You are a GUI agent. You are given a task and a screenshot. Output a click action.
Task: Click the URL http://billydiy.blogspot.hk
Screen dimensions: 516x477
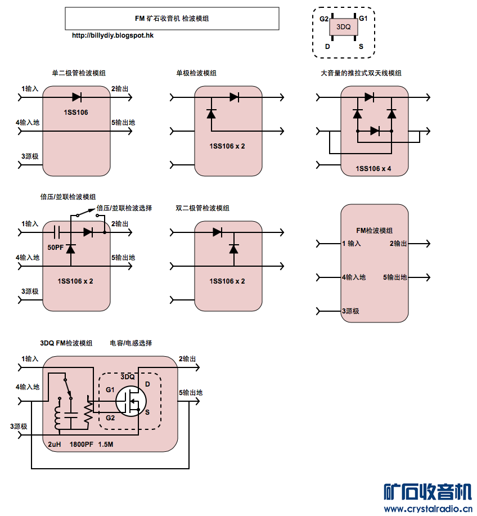coord(113,35)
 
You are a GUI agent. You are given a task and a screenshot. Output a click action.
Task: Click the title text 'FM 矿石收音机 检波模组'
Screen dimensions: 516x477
coord(172,19)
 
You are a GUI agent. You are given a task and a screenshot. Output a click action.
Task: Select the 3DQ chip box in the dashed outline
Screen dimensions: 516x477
coord(343,27)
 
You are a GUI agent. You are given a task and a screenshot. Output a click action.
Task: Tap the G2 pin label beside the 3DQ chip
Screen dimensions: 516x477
coord(323,19)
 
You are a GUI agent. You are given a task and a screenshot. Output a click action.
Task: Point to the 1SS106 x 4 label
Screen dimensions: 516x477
coord(373,168)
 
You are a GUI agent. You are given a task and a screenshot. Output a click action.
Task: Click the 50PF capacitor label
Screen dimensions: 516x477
coord(56,247)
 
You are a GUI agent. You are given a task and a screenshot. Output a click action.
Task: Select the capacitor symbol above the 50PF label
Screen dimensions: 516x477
coord(57,231)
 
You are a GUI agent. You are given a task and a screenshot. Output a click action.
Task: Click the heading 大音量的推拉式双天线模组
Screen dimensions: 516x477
coord(361,73)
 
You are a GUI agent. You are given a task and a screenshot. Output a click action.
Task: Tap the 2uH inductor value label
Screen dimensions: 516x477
coord(54,445)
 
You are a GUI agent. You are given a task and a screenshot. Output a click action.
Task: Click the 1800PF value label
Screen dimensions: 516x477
coord(82,445)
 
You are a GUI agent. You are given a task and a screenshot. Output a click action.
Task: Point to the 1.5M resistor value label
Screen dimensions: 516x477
coord(106,445)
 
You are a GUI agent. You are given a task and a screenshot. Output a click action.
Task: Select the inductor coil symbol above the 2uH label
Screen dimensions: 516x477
coord(58,416)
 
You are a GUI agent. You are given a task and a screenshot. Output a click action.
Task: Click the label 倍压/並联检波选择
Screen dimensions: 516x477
coord(124,208)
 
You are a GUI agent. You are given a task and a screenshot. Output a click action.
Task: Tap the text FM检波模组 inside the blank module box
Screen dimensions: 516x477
coord(375,231)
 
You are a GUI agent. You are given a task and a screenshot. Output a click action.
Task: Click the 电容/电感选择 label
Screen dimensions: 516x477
coord(131,343)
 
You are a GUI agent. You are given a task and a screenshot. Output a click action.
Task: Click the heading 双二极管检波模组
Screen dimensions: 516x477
coord(202,208)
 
